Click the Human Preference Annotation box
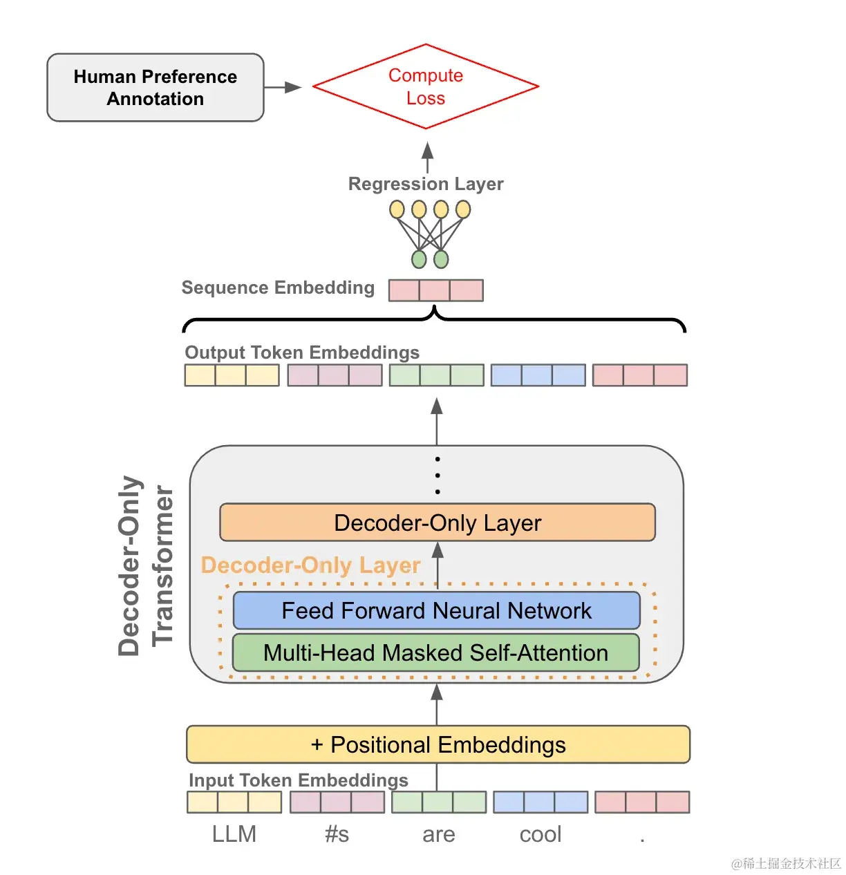tap(155, 88)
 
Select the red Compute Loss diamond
tap(426, 86)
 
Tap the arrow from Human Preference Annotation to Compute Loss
tap(283, 87)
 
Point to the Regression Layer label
tap(426, 184)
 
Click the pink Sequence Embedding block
tap(435, 290)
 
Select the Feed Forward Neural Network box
tap(436, 611)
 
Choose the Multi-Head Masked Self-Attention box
tap(435, 653)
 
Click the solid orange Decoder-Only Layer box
tap(437, 523)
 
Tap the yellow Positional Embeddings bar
tap(438, 744)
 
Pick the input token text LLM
tap(234, 834)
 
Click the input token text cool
tap(540, 834)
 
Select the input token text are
tap(438, 835)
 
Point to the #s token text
tap(337, 835)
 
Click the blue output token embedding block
tap(538, 375)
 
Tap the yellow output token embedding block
tap(232, 375)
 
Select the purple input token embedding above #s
tap(337, 802)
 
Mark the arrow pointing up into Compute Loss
tap(428, 157)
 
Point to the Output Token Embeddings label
tap(302, 352)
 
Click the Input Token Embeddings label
tap(298, 780)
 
